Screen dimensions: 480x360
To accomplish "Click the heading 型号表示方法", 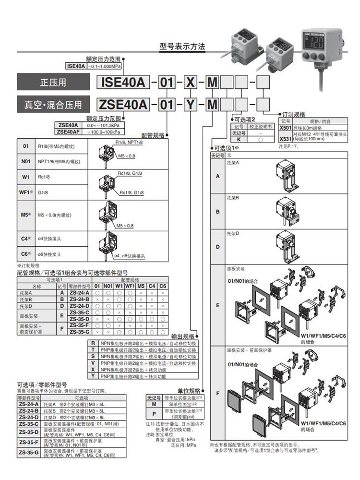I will pos(182,47).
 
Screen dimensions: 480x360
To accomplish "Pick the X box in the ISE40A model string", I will pos(191,82).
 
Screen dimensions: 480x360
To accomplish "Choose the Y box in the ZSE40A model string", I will pos(191,104).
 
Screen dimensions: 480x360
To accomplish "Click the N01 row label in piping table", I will pos(26,162).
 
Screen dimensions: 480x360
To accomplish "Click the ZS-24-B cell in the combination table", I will pos(79,299).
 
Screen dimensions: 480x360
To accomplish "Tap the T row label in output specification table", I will pos(92,350).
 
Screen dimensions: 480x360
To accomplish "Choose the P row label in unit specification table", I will pos(154,413).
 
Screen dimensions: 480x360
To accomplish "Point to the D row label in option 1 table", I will pos(217,247).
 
